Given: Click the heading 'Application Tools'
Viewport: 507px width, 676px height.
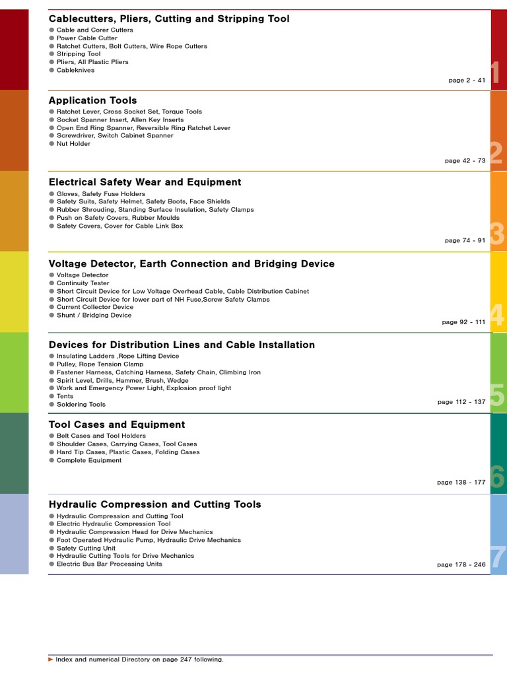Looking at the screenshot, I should pos(93,100).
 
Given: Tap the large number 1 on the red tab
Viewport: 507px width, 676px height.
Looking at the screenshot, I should pos(496,73).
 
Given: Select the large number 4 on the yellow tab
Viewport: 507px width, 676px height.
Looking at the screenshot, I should pos(497,315).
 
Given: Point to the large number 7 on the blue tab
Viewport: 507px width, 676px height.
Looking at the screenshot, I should pos(498,558).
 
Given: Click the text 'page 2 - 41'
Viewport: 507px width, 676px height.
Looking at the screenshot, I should pos(467,80).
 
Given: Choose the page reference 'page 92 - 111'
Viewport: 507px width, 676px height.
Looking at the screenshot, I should pos(463,322).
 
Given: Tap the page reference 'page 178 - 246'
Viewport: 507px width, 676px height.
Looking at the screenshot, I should pos(461,565).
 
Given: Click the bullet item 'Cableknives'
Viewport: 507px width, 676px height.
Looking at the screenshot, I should pos(75,70).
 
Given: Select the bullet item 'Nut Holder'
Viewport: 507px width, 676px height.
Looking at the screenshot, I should pos(73,143).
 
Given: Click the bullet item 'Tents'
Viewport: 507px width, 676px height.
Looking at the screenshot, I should pos(65,396).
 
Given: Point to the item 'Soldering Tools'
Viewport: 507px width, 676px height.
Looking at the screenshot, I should pos(81,404).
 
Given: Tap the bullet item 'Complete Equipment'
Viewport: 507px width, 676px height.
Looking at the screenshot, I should pos(89,460).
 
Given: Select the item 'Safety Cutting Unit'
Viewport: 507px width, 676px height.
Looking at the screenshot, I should pos(86,548).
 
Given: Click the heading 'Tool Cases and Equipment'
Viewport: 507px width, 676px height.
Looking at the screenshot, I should pos(117,424).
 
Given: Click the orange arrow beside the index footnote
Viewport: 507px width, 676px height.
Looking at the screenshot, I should pos(51,659).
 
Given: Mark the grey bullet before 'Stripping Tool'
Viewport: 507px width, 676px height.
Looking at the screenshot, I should pos(51,54).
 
